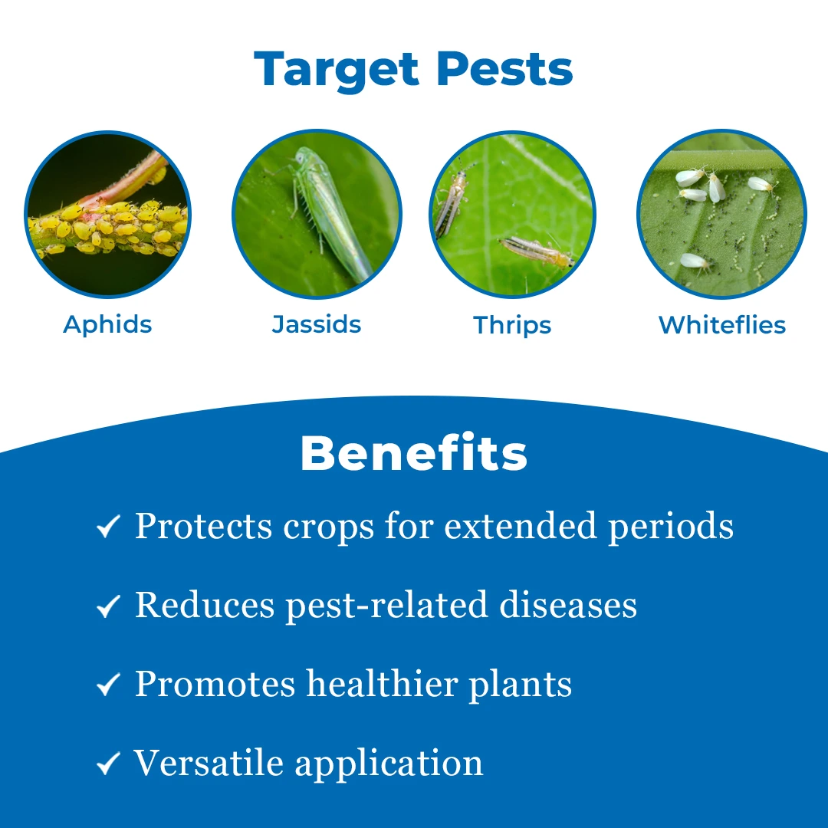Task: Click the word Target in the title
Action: (337, 71)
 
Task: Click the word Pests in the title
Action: (504, 69)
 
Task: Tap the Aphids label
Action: (107, 325)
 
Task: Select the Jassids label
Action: (317, 324)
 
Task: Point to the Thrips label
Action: (512, 326)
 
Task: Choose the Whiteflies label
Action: (722, 325)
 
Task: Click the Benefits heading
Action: (414, 453)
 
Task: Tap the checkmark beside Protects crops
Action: (109, 527)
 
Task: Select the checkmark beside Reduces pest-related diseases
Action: (109, 606)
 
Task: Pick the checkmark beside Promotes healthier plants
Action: (109, 685)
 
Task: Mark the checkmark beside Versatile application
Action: (109, 764)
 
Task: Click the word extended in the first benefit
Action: (520, 526)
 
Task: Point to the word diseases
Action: (568, 605)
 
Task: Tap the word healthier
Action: (382, 684)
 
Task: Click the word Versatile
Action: (209, 763)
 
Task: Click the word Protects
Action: (203, 526)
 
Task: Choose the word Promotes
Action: (215, 684)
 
